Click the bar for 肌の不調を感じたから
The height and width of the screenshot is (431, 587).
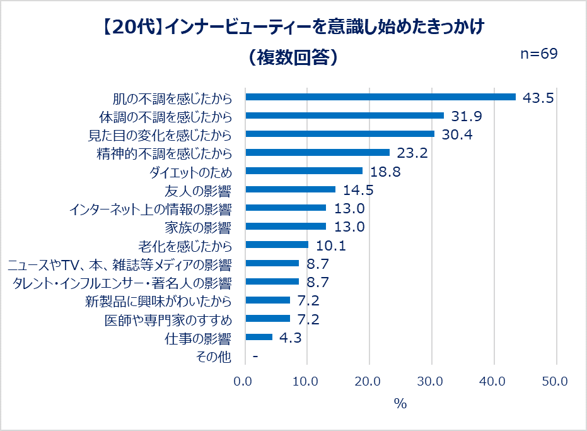click(380, 97)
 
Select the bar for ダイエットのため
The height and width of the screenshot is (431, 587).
click(304, 171)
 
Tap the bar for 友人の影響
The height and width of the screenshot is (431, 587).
click(290, 189)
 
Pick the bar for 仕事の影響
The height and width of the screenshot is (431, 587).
click(259, 337)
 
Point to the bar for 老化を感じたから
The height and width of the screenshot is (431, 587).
click(277, 245)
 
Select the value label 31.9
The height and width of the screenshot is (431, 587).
click(467, 116)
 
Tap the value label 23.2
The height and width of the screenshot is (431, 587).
click(412, 153)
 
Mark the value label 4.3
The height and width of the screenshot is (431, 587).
click(289, 338)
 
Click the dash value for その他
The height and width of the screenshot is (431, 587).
click(255, 357)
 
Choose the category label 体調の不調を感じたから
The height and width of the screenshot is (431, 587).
click(166, 117)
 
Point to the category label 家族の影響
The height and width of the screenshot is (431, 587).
click(197, 227)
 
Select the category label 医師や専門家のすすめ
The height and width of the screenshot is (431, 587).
click(168, 319)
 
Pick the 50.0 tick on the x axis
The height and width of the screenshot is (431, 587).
click(555, 381)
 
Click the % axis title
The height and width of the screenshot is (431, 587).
click(400, 404)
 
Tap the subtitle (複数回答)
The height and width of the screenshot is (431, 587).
click(293, 57)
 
